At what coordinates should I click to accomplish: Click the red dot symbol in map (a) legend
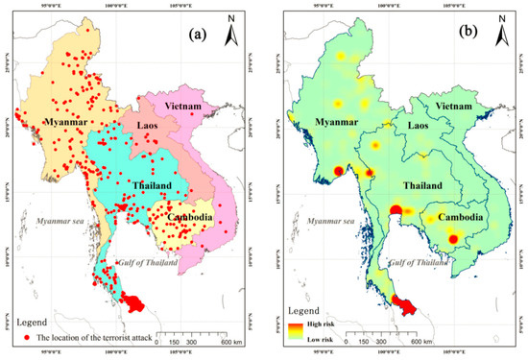[x=23, y=338]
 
